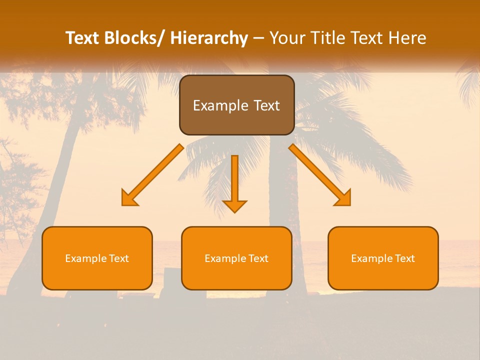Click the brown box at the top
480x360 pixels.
coord(236,105)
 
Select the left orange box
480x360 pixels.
coord(97,258)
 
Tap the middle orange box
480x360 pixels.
coord(236,258)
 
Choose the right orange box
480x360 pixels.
coord(383,258)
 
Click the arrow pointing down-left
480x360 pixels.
coord(152,175)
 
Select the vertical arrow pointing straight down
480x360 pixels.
coord(234,182)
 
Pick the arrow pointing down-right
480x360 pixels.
coord(320,175)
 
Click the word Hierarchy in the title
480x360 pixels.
coord(208,38)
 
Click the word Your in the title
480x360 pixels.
coord(287,38)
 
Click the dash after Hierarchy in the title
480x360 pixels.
coord(258,38)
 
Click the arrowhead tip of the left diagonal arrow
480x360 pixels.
coord(125,202)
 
